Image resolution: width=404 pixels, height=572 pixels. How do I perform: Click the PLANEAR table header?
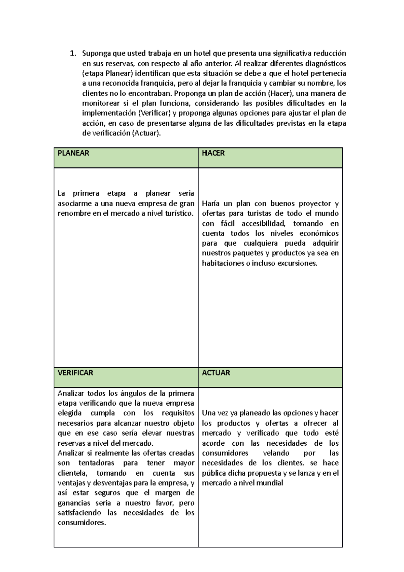73,153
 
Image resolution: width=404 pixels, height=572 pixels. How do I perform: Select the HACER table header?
213,153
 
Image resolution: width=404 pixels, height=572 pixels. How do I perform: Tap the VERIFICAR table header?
75,373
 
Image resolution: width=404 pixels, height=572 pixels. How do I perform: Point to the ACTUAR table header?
216,373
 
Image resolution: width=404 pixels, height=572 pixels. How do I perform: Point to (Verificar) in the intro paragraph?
154,113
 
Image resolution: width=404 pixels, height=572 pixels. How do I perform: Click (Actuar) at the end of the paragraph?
146,133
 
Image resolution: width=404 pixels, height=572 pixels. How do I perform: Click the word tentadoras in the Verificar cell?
96,463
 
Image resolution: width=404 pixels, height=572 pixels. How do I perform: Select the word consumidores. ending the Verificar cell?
82,523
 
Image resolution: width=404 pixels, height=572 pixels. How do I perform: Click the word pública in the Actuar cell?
213,473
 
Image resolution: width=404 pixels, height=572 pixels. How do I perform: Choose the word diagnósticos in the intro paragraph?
325,64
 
